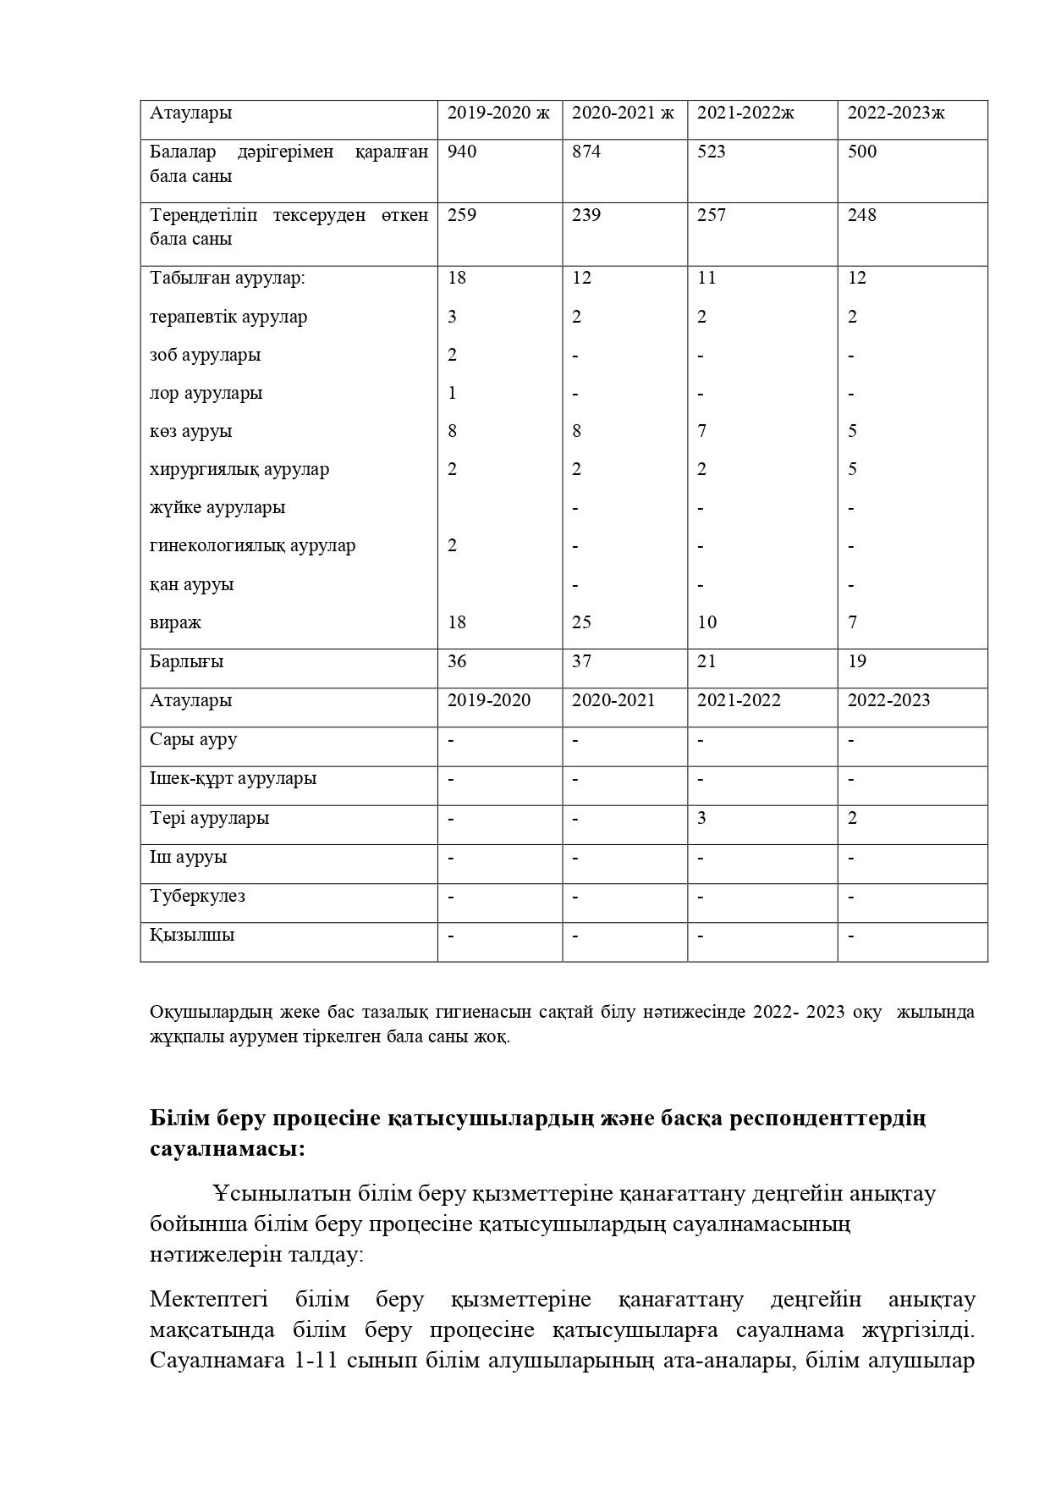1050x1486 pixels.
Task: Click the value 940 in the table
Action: (x=462, y=152)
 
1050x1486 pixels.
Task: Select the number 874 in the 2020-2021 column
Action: (x=586, y=152)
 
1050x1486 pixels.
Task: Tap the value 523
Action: (x=712, y=152)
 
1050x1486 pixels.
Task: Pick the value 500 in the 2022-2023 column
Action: (x=862, y=152)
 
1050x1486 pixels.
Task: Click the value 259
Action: (x=462, y=215)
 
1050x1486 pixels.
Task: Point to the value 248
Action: (x=862, y=215)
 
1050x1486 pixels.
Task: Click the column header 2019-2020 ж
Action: (x=498, y=113)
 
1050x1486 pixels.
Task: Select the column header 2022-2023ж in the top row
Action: (x=896, y=113)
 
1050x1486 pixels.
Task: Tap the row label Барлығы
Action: (x=187, y=661)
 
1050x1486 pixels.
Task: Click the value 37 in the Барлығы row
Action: (x=581, y=661)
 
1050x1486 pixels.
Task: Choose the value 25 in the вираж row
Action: (x=581, y=622)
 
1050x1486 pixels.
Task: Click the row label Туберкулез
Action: (x=198, y=896)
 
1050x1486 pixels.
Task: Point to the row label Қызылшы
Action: (x=192, y=935)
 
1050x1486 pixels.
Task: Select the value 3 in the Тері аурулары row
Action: (x=702, y=818)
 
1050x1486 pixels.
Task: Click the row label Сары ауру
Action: (x=194, y=739)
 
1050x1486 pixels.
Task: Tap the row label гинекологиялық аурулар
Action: (x=253, y=545)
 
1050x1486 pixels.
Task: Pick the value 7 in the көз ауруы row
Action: (x=702, y=431)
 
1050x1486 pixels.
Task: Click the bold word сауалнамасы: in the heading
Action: (x=228, y=1150)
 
